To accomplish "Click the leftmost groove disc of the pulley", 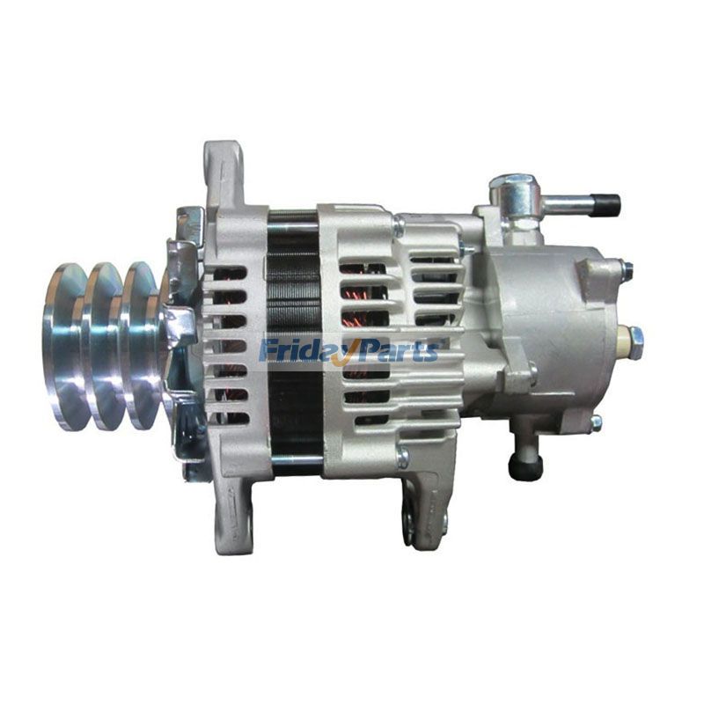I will pyautogui.click(x=65, y=345).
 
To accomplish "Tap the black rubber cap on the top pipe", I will pyautogui.click(x=606, y=206).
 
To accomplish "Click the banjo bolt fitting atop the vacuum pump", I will pyautogui.click(x=512, y=190).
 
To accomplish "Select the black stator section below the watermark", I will pyautogui.click(x=296, y=414).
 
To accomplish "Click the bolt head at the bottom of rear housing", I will pyautogui.click(x=402, y=457).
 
